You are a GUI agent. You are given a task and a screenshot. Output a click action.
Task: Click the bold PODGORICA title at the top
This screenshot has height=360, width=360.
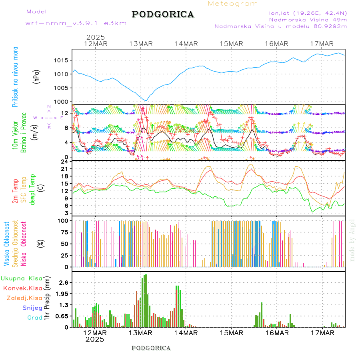click(163, 14)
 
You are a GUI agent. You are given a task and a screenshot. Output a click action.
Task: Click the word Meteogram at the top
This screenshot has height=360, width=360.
click(233, 4)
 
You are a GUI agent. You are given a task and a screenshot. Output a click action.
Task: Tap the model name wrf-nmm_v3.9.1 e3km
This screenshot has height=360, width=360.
click(76, 23)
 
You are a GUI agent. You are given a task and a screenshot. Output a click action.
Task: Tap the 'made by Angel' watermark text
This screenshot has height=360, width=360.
click(352, 240)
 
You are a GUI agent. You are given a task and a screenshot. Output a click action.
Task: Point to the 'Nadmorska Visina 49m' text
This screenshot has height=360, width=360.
click(308, 19)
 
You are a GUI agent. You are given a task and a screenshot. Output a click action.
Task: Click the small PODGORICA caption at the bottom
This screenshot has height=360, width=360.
click(151, 348)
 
